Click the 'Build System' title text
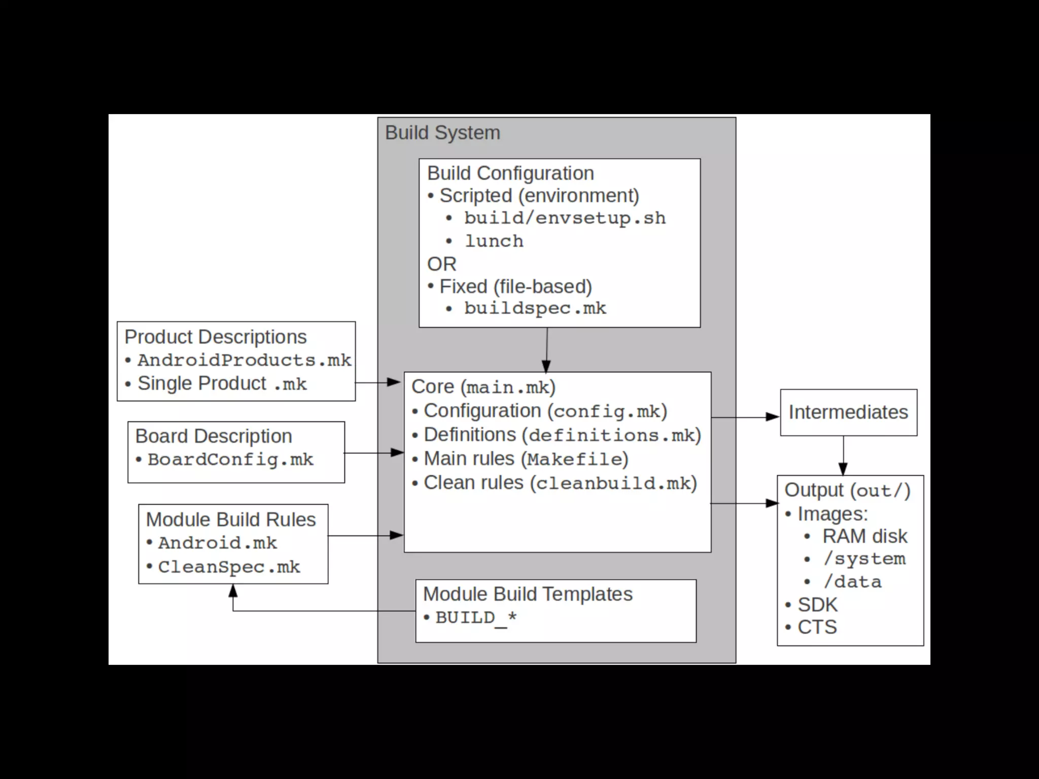(x=442, y=133)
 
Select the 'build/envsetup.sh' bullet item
(x=565, y=218)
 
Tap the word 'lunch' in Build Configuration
(x=494, y=241)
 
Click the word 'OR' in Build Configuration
(x=441, y=264)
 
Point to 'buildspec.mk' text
(x=535, y=308)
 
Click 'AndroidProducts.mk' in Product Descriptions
(x=244, y=360)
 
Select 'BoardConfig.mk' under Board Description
(x=230, y=459)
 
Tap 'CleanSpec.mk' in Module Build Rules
(x=229, y=567)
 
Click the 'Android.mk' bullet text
(x=217, y=543)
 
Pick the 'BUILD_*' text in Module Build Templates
(x=476, y=618)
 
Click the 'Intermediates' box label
(x=848, y=412)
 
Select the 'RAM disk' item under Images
(x=864, y=536)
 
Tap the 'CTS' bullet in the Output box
(x=817, y=627)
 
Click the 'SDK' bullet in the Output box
(x=817, y=605)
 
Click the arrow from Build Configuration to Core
(x=546, y=349)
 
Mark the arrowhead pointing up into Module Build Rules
(x=233, y=590)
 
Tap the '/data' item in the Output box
(x=852, y=582)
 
